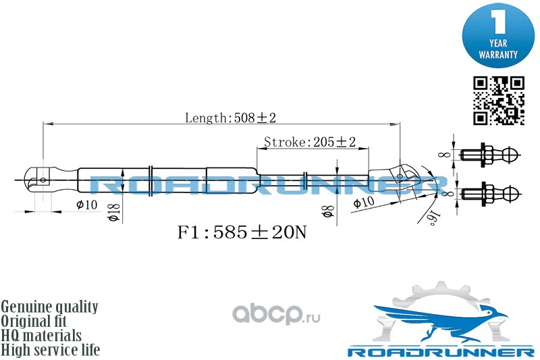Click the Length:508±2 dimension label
click(x=231, y=118)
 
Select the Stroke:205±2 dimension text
click(x=309, y=142)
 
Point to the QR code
click(x=498, y=101)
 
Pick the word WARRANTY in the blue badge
click(x=498, y=53)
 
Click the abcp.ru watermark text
click(x=277, y=314)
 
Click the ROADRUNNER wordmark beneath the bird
click(x=440, y=352)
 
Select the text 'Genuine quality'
click(x=50, y=307)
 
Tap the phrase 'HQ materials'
click(x=41, y=336)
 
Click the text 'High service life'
click(x=51, y=350)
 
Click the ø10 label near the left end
click(x=87, y=205)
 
